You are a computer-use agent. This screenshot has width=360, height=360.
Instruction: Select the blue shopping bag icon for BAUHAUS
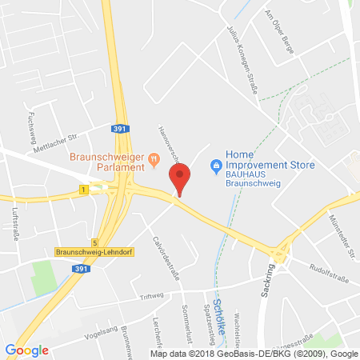pyautogui.click(x=214, y=166)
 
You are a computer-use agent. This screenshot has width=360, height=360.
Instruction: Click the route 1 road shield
pyautogui.click(x=83, y=190)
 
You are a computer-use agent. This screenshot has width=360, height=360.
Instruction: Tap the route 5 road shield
pyautogui.click(x=94, y=242)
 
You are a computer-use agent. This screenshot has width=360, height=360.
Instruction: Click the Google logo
pyautogui.click(x=27, y=350)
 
